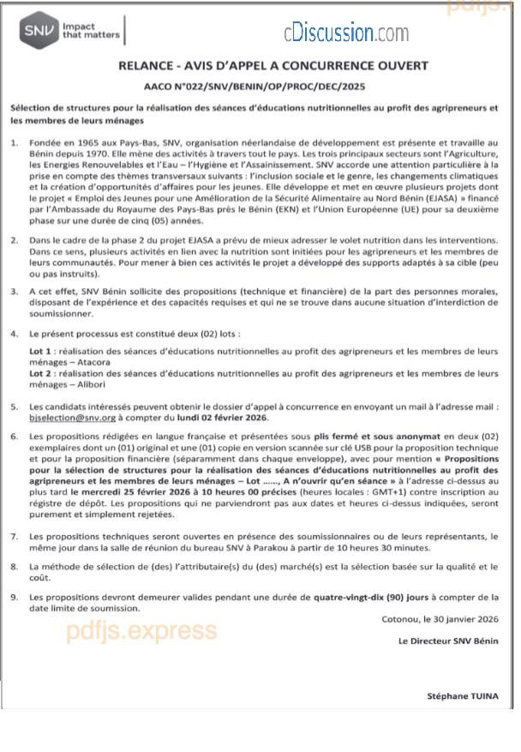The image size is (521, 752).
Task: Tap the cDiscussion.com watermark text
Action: tap(346, 34)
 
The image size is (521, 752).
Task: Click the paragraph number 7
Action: tap(15, 536)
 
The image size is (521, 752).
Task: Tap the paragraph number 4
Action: tap(15, 332)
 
